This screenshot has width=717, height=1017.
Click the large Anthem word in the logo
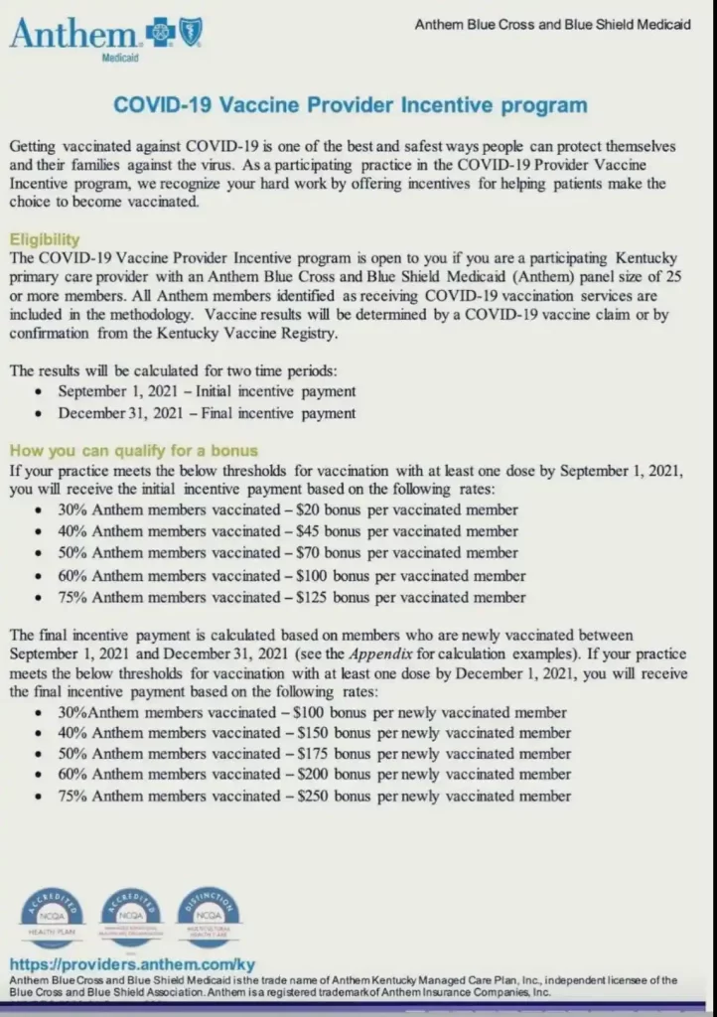click(74, 35)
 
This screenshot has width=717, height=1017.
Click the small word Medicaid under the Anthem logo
click(120, 60)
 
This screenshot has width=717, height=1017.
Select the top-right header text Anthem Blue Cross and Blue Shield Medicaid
click(552, 25)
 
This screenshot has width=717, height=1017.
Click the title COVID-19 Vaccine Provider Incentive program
click(350, 105)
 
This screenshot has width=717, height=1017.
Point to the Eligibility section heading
click(44, 239)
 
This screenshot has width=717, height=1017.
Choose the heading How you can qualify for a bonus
click(133, 450)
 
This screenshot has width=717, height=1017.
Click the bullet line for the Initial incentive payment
click(207, 391)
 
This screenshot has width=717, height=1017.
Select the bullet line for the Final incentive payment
click(207, 412)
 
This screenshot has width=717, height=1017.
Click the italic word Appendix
click(377, 654)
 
